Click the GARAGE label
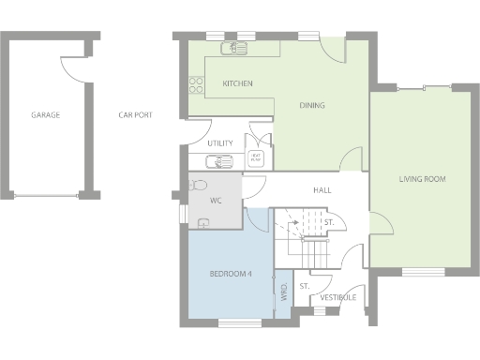45,115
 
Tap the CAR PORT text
135,115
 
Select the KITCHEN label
237,84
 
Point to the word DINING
312,105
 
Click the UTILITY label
220,143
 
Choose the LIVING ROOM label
421,177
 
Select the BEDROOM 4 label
230,274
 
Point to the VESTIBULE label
337,297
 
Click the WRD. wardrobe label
283,292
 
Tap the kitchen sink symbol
231,49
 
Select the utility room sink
221,160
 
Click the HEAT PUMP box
255,157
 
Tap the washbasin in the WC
203,222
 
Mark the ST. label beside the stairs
329,221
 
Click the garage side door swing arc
71,66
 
